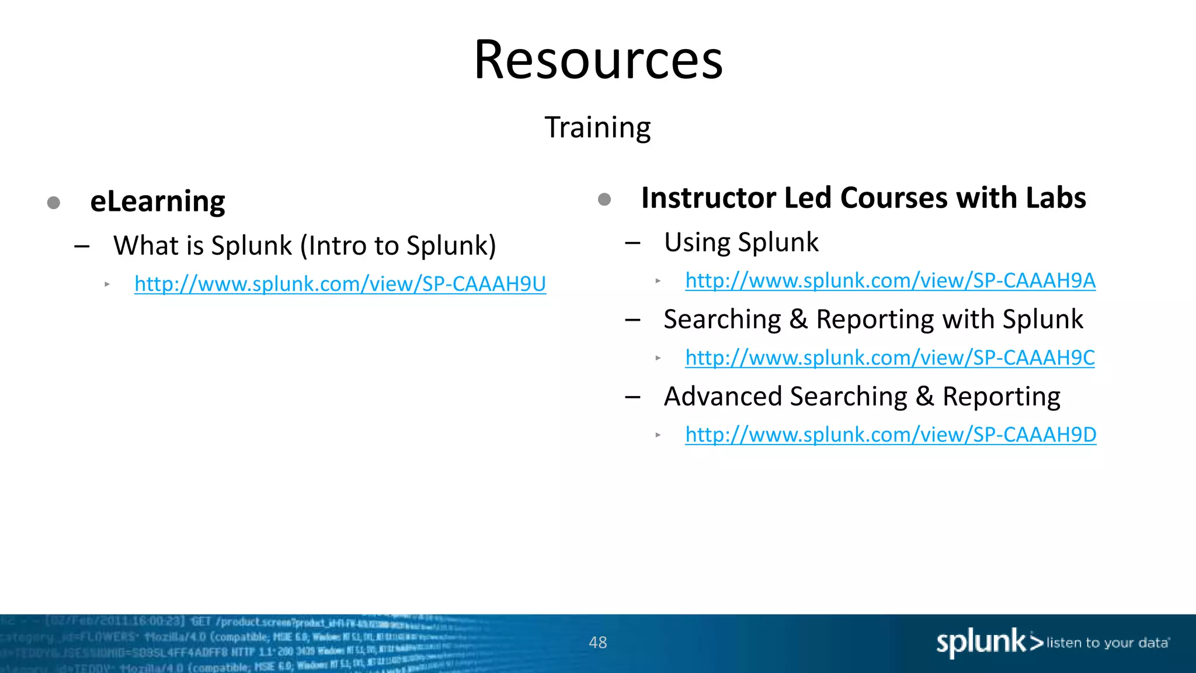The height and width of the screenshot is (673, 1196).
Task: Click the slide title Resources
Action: [x=598, y=60]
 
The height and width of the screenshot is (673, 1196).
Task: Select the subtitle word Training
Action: [x=597, y=127]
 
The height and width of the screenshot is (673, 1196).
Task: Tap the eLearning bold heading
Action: [x=157, y=202]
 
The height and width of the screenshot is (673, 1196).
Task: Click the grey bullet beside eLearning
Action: [x=54, y=203]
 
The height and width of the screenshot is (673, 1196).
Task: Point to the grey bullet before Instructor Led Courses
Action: [x=604, y=200]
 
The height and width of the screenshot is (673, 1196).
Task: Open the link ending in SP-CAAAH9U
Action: [x=340, y=284]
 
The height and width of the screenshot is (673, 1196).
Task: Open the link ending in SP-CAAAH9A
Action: [x=890, y=281]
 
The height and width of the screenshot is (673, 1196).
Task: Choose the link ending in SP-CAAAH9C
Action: [x=890, y=358]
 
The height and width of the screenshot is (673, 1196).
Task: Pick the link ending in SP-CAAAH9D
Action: [x=891, y=435]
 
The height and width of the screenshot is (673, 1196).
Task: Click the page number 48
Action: [x=598, y=643]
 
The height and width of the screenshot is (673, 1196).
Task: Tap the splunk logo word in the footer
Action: [x=981, y=643]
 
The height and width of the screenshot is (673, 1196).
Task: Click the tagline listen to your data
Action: [x=1107, y=643]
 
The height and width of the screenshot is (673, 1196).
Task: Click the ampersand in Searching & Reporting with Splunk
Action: [x=798, y=320]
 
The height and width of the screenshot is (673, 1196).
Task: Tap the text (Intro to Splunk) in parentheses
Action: [x=398, y=246]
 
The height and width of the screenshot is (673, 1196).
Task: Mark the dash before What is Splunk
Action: [x=82, y=247]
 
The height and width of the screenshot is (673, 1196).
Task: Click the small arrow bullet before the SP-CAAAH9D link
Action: [x=658, y=435]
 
